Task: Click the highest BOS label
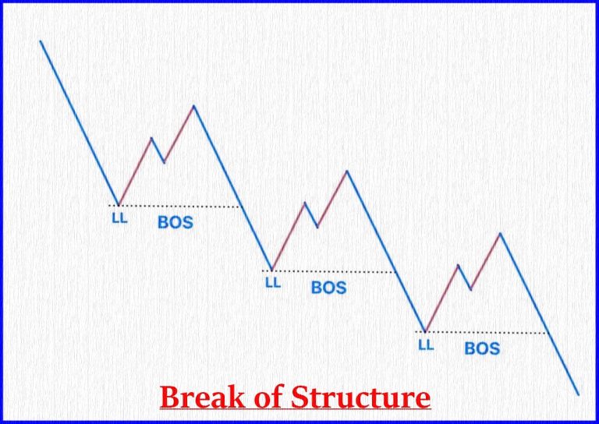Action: point(175,222)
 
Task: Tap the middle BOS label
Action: point(328,287)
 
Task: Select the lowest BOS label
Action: point(481,348)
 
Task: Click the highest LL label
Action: point(119,218)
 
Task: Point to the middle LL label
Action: point(272,282)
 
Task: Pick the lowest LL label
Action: point(425,344)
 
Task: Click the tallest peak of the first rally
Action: point(193,105)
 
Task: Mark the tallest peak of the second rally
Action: point(347,171)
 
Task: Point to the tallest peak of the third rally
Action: point(500,233)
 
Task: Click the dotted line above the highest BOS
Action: point(179,206)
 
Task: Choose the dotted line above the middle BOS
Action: point(331,271)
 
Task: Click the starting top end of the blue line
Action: point(41,41)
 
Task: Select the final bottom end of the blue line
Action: point(578,394)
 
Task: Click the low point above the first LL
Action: point(119,204)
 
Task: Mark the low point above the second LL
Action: point(271,270)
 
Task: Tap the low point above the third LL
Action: point(425,331)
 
